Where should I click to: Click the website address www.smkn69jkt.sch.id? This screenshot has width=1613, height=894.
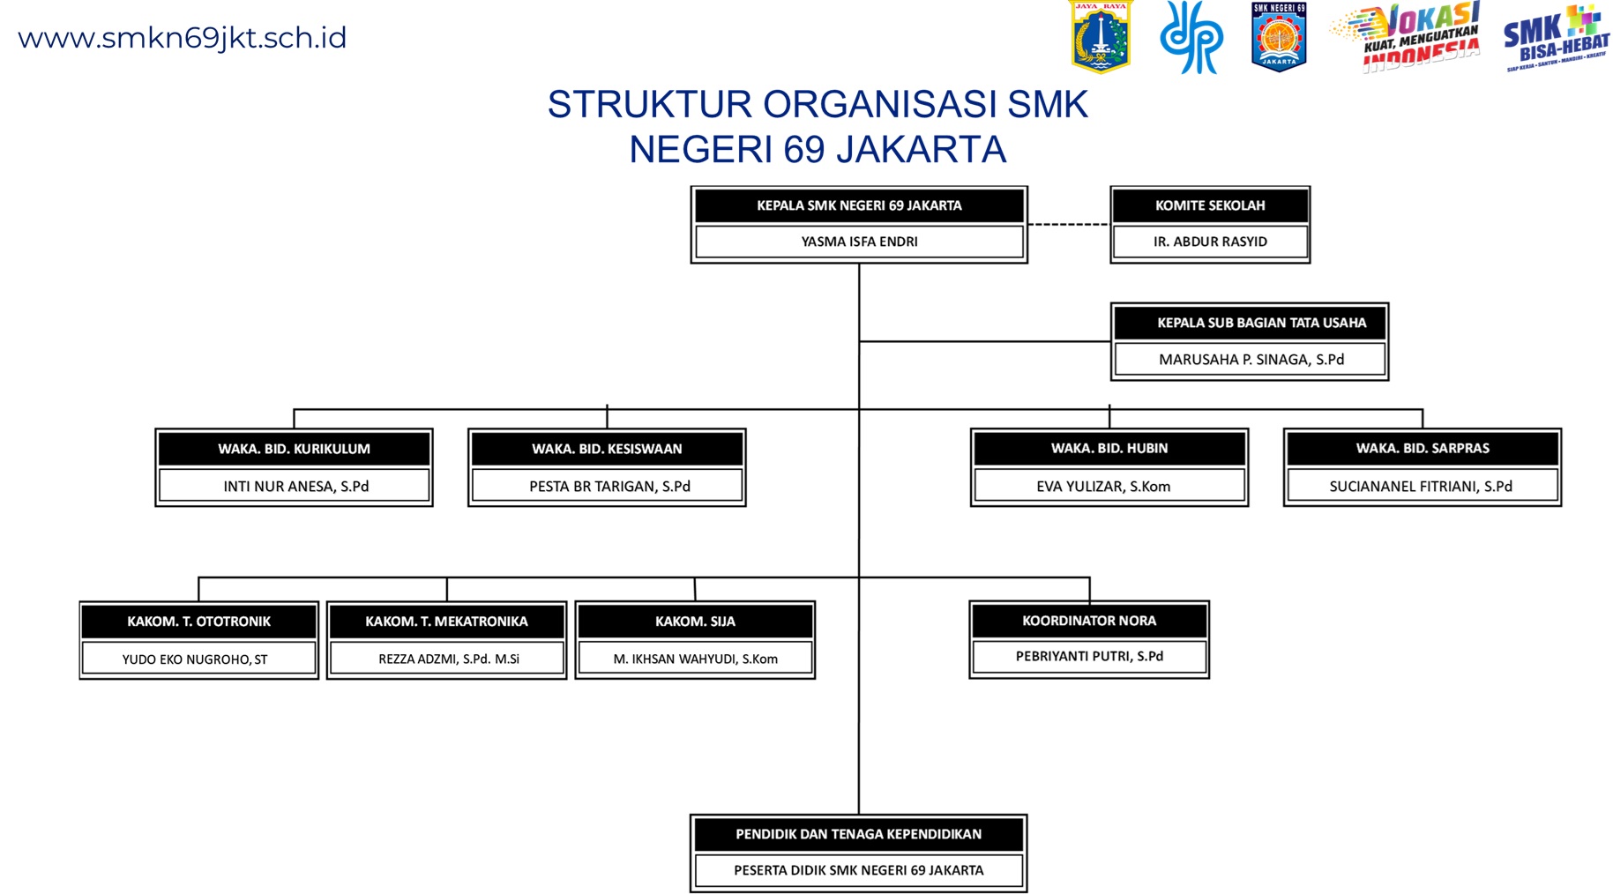[x=182, y=38]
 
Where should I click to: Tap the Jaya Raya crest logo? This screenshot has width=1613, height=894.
[x=1100, y=37]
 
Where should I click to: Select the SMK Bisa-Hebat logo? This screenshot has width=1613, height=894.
[x=1557, y=38]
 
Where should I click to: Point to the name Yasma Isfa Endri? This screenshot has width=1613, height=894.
[x=859, y=242]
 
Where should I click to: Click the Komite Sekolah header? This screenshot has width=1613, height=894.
[x=1210, y=205]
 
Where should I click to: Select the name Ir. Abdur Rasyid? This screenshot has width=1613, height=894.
[x=1210, y=242]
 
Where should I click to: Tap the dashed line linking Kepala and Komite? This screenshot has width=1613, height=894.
[x=1069, y=224]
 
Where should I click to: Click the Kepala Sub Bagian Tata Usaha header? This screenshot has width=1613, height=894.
[x=1261, y=323]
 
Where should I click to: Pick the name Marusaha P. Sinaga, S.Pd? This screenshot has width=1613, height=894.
[x=1251, y=360]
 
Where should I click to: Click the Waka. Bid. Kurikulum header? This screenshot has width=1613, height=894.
[x=294, y=449]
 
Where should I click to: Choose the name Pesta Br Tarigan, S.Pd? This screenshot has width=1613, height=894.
[x=609, y=487]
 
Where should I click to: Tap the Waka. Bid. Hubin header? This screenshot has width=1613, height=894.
[x=1109, y=449]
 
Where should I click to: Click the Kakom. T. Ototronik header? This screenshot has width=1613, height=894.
[x=198, y=622]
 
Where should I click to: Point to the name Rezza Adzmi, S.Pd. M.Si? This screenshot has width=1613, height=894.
[x=448, y=659]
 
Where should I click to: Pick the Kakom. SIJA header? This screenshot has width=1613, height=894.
[x=695, y=622]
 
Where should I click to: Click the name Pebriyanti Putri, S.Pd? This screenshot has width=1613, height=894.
[x=1088, y=657]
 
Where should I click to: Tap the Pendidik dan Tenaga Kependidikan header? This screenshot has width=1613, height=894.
[x=858, y=834]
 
